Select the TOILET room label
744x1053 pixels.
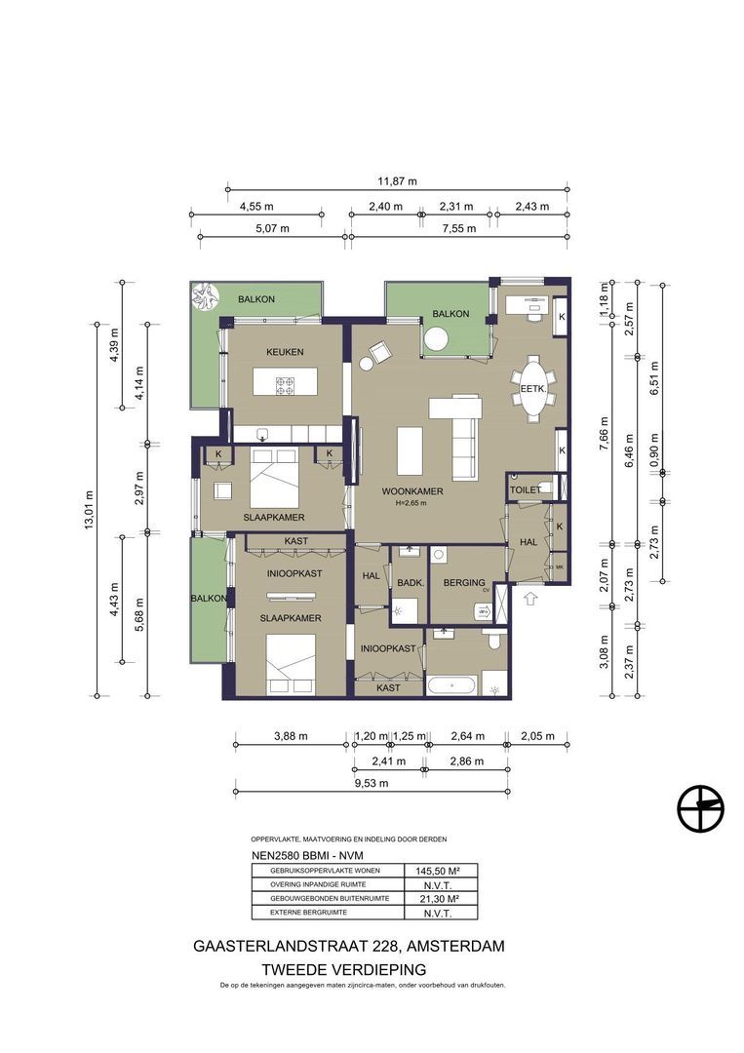pyautogui.click(x=524, y=489)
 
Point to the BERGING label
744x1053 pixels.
pyautogui.click(x=464, y=583)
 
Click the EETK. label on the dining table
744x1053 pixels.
pyautogui.click(x=532, y=388)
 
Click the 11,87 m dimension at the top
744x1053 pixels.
pyautogui.click(x=397, y=181)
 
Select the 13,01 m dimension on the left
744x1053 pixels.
pyautogui.click(x=89, y=507)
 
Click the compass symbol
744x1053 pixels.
pyautogui.click(x=702, y=808)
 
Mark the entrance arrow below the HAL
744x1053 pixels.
pyautogui.click(x=531, y=599)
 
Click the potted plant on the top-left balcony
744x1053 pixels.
pyautogui.click(x=206, y=294)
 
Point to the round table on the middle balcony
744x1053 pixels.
pyautogui.click(x=436, y=339)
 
